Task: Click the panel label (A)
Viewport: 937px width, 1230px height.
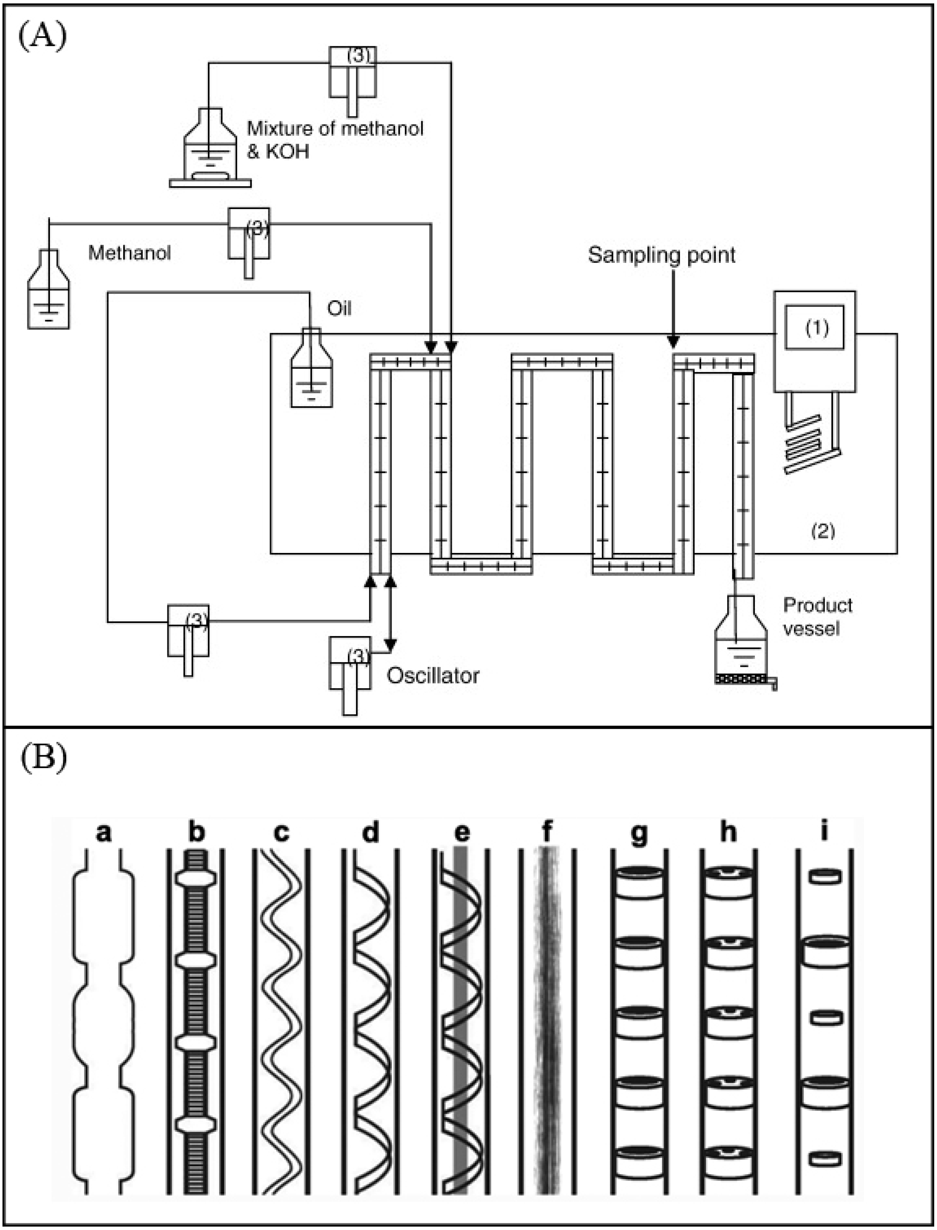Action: (x=43, y=37)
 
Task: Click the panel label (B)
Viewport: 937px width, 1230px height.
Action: (x=43, y=759)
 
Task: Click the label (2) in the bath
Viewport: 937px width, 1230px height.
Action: (x=823, y=531)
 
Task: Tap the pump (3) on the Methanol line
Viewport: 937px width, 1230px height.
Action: (x=249, y=234)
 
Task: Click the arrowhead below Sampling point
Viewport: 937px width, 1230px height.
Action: (x=674, y=341)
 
